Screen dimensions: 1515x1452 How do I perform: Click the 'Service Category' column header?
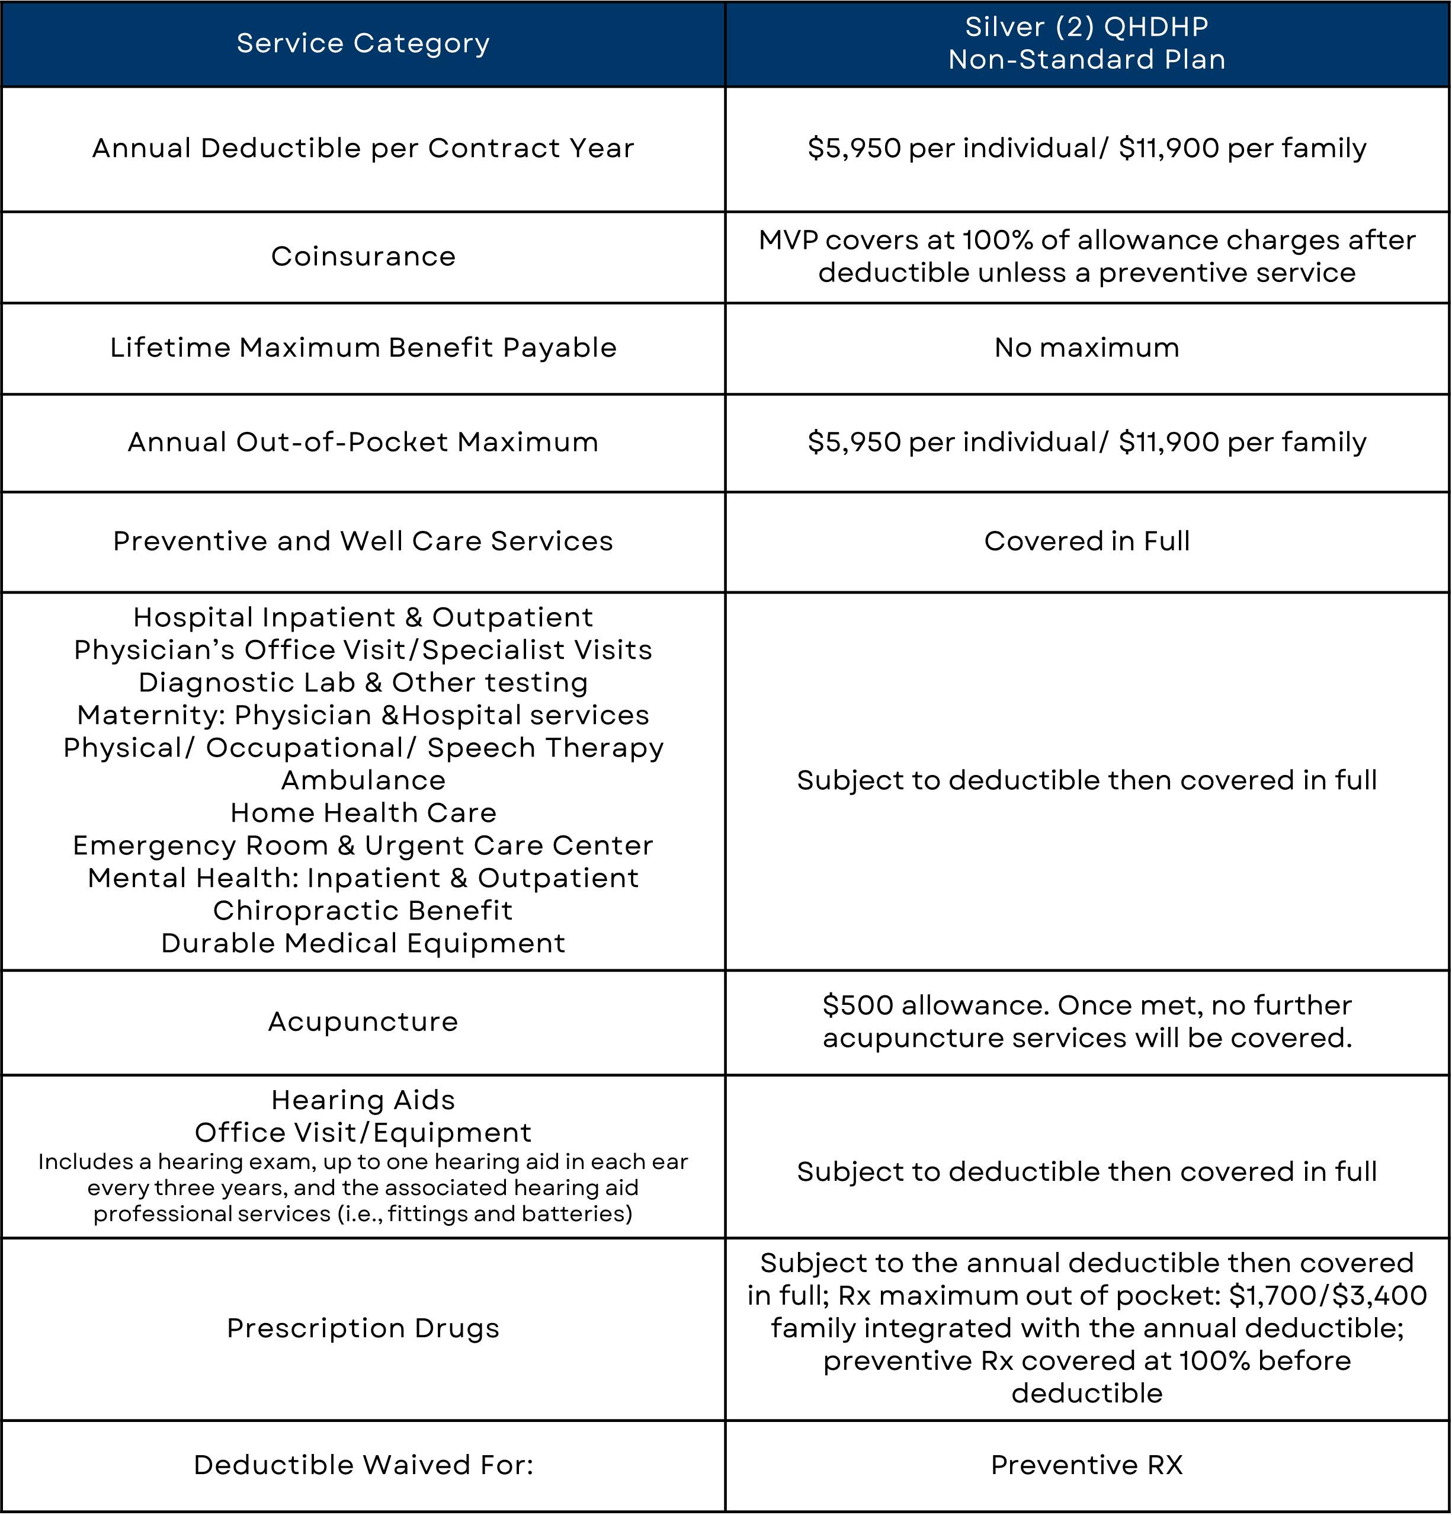coord(363,43)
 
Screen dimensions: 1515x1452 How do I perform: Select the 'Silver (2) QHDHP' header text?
coord(1086,27)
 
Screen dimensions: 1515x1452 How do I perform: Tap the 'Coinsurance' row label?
coord(363,257)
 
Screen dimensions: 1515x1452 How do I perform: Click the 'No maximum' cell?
coord(1086,348)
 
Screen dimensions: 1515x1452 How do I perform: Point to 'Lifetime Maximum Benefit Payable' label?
coord(363,348)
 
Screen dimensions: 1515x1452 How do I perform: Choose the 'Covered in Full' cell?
coord(1086,541)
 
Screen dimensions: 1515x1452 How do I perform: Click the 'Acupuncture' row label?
coord(363,1022)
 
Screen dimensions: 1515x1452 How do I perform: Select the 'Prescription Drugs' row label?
coord(363,1328)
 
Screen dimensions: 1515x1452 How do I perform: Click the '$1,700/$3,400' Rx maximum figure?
coord(1328,1295)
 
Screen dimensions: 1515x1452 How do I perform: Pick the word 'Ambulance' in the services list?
coord(363,781)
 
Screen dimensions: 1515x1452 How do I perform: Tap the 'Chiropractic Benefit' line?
coord(363,911)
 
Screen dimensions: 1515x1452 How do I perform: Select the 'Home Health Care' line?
coord(363,813)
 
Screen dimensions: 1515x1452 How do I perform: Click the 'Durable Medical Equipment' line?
coord(363,944)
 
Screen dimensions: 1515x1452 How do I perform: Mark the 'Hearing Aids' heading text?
coord(363,1100)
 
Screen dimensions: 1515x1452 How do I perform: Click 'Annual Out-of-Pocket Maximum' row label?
coord(363,442)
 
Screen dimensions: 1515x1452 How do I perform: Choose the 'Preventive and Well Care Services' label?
coord(363,541)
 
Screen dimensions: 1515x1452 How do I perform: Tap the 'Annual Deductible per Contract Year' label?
coord(363,148)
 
